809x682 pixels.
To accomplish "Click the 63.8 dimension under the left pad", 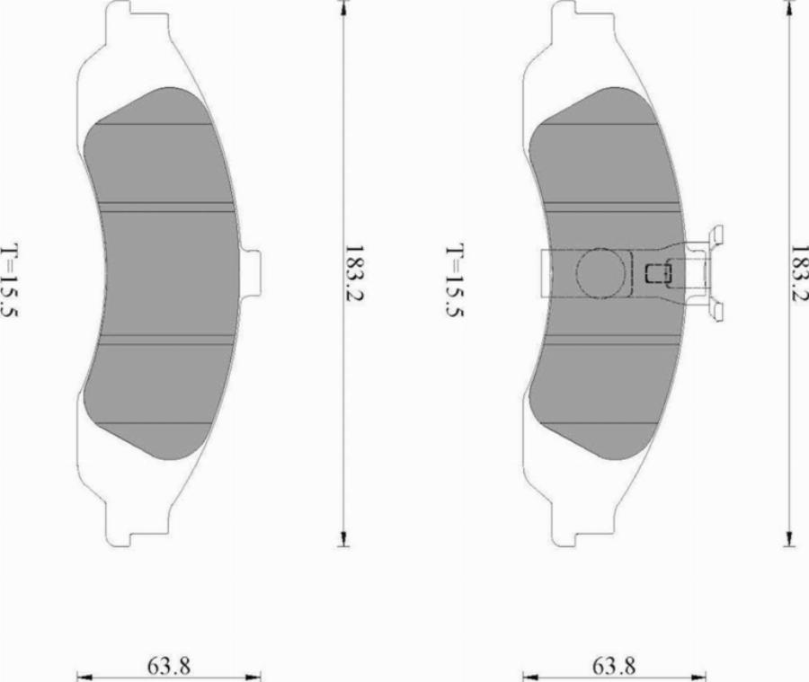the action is [169, 666].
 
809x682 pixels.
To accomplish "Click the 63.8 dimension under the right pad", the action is [614, 666].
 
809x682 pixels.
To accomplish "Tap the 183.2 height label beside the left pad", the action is [354, 273].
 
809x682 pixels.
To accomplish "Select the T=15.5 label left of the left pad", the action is [10, 280].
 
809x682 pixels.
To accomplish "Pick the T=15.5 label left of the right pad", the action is [455, 280].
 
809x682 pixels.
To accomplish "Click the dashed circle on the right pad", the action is [600, 273].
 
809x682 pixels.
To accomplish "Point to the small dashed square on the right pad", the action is [658, 273].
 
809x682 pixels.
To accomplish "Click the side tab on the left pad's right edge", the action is [250, 273].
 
